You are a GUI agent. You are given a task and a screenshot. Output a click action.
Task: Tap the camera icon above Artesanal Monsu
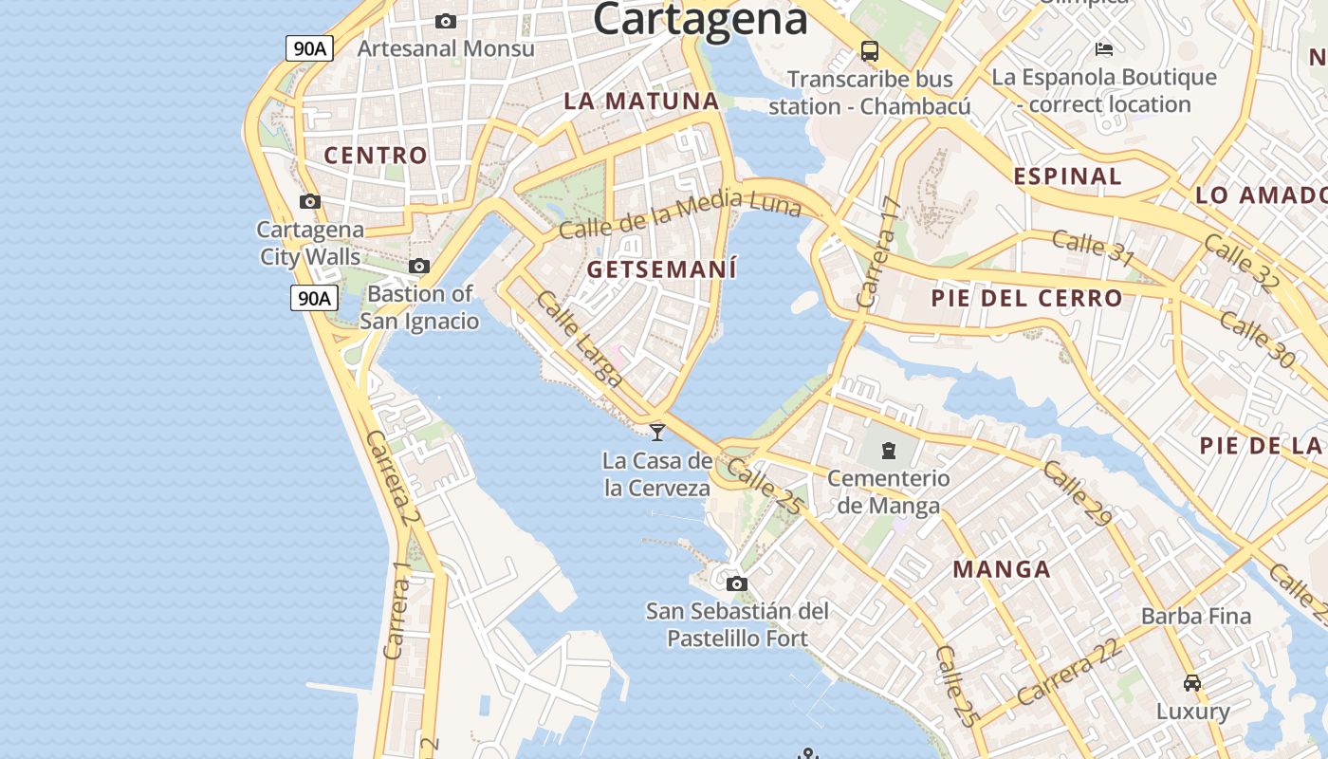pyautogui.click(x=445, y=21)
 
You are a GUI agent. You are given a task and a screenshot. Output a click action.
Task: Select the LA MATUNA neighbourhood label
pyautogui.click(x=641, y=101)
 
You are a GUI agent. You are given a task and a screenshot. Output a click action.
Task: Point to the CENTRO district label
pyautogui.click(x=376, y=156)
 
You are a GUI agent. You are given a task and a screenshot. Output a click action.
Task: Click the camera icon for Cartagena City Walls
pyautogui.click(x=309, y=201)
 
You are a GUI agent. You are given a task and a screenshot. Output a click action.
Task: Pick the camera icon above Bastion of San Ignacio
pyautogui.click(x=418, y=267)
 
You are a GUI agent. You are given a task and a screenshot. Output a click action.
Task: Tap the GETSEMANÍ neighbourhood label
pyautogui.click(x=661, y=269)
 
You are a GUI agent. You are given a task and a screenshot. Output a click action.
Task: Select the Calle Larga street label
pyautogui.click(x=579, y=339)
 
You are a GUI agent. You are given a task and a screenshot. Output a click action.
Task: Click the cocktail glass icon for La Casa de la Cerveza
pyautogui.click(x=656, y=432)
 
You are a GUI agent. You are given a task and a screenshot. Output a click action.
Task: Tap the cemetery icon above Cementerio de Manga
pyautogui.click(x=888, y=450)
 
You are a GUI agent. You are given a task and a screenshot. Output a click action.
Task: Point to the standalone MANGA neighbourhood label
pyautogui.click(x=1002, y=569)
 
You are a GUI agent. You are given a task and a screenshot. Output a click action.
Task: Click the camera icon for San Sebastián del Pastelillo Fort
pyautogui.click(x=736, y=583)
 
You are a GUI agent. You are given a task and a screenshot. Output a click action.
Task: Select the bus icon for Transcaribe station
pyautogui.click(x=869, y=50)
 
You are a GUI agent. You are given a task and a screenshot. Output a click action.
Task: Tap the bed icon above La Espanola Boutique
pyautogui.click(x=1103, y=48)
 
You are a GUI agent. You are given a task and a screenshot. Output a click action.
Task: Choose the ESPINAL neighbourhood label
pyautogui.click(x=1067, y=176)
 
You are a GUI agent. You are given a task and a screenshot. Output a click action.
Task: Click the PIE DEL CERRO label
pyautogui.click(x=1026, y=298)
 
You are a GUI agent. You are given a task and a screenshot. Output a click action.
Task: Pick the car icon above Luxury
pyautogui.click(x=1192, y=682)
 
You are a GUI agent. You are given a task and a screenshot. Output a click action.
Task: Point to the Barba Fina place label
pyautogui.click(x=1196, y=617)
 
